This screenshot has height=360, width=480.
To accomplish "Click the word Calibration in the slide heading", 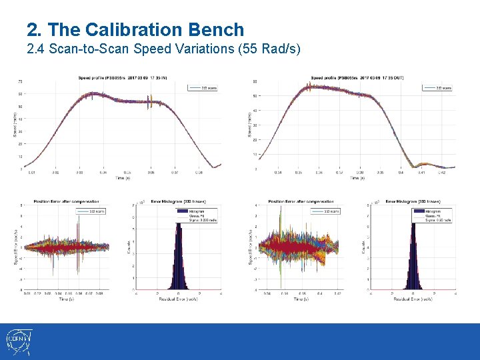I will coord(126,30).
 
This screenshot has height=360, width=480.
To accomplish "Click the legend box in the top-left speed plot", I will coord(203,87).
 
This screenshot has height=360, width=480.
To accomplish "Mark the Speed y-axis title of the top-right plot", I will coord(249,124).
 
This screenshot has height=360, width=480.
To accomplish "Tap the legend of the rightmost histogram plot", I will coord(437,214).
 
